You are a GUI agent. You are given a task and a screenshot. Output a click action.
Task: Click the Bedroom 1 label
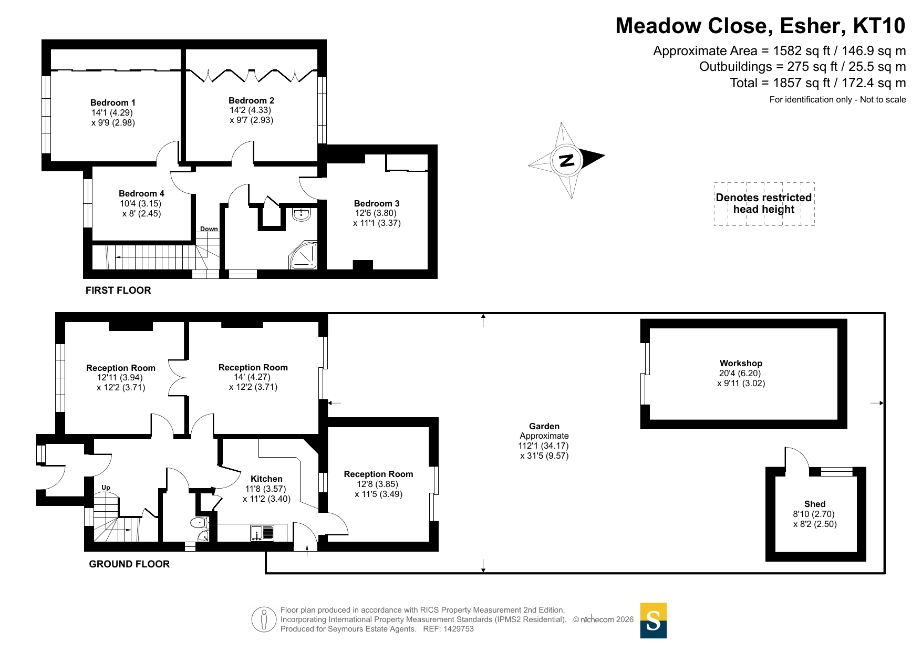112,102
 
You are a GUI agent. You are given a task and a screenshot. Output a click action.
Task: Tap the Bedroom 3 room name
376,203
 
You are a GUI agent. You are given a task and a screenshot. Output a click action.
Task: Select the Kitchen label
266,479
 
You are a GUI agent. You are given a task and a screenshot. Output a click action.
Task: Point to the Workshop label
741,363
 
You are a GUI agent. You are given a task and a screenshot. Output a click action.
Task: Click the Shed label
814,504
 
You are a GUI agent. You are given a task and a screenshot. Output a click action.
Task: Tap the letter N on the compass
566,160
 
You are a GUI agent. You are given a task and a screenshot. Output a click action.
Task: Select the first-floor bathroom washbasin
302,214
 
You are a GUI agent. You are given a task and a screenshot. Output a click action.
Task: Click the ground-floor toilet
199,523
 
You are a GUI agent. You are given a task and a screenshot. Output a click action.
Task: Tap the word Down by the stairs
209,229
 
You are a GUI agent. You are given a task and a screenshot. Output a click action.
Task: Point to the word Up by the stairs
106,488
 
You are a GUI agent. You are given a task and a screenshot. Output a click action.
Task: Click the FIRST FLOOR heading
118,290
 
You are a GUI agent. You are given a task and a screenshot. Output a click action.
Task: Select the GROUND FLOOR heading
129,564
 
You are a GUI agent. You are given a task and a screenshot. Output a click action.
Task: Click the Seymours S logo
653,620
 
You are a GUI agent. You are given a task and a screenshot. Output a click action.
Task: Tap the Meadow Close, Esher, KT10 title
760,26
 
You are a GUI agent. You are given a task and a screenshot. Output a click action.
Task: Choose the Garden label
544,426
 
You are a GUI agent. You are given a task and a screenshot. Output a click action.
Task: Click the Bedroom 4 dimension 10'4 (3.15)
140,203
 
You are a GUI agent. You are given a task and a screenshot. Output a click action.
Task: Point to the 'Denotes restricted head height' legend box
764,204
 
